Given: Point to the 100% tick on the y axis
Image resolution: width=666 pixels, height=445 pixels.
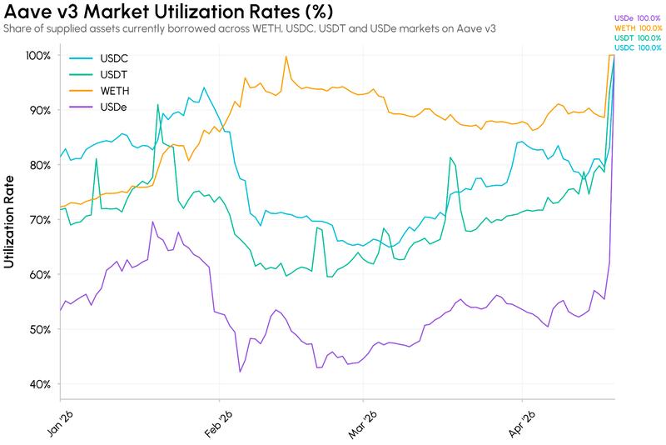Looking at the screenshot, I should point(38,56).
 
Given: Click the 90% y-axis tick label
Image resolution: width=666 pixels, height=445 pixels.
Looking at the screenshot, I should point(40,111).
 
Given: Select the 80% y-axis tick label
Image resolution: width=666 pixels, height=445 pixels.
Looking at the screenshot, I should point(40,165).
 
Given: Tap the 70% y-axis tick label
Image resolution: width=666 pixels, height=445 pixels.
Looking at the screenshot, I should point(40,220).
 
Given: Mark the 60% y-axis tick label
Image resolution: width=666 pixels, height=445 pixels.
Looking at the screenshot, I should point(40,275).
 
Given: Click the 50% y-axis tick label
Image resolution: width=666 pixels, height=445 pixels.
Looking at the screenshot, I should point(40,330).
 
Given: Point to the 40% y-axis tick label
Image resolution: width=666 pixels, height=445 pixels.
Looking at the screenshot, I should point(40,385).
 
